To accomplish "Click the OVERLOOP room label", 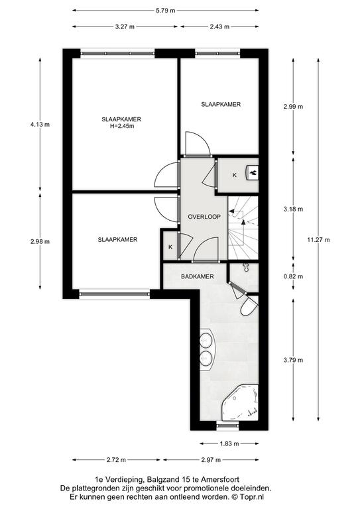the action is tap(204, 217).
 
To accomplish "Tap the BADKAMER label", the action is tap(198, 276).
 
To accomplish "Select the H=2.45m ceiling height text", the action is tap(122, 127).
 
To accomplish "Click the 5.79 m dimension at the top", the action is tap(165, 11).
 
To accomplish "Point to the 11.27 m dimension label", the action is tap(318, 240).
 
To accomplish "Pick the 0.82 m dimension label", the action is tap(293, 276).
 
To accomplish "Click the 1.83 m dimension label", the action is tap(229, 444).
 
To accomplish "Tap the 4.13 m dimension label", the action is tap(40, 125).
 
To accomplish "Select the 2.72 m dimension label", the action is tap(116, 460).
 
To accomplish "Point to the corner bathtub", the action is tap(240, 402).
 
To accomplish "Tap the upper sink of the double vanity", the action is tap(205, 341).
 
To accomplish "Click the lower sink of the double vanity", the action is tap(205, 357).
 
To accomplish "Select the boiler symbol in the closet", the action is tap(253, 172).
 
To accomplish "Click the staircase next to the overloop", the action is tap(243, 228).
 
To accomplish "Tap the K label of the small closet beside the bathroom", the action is tap(170, 247).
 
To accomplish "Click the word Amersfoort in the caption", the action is tap(220, 479).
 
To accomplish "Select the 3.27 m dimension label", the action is tap(125, 27).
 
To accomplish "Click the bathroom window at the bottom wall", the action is tap(227, 425).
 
